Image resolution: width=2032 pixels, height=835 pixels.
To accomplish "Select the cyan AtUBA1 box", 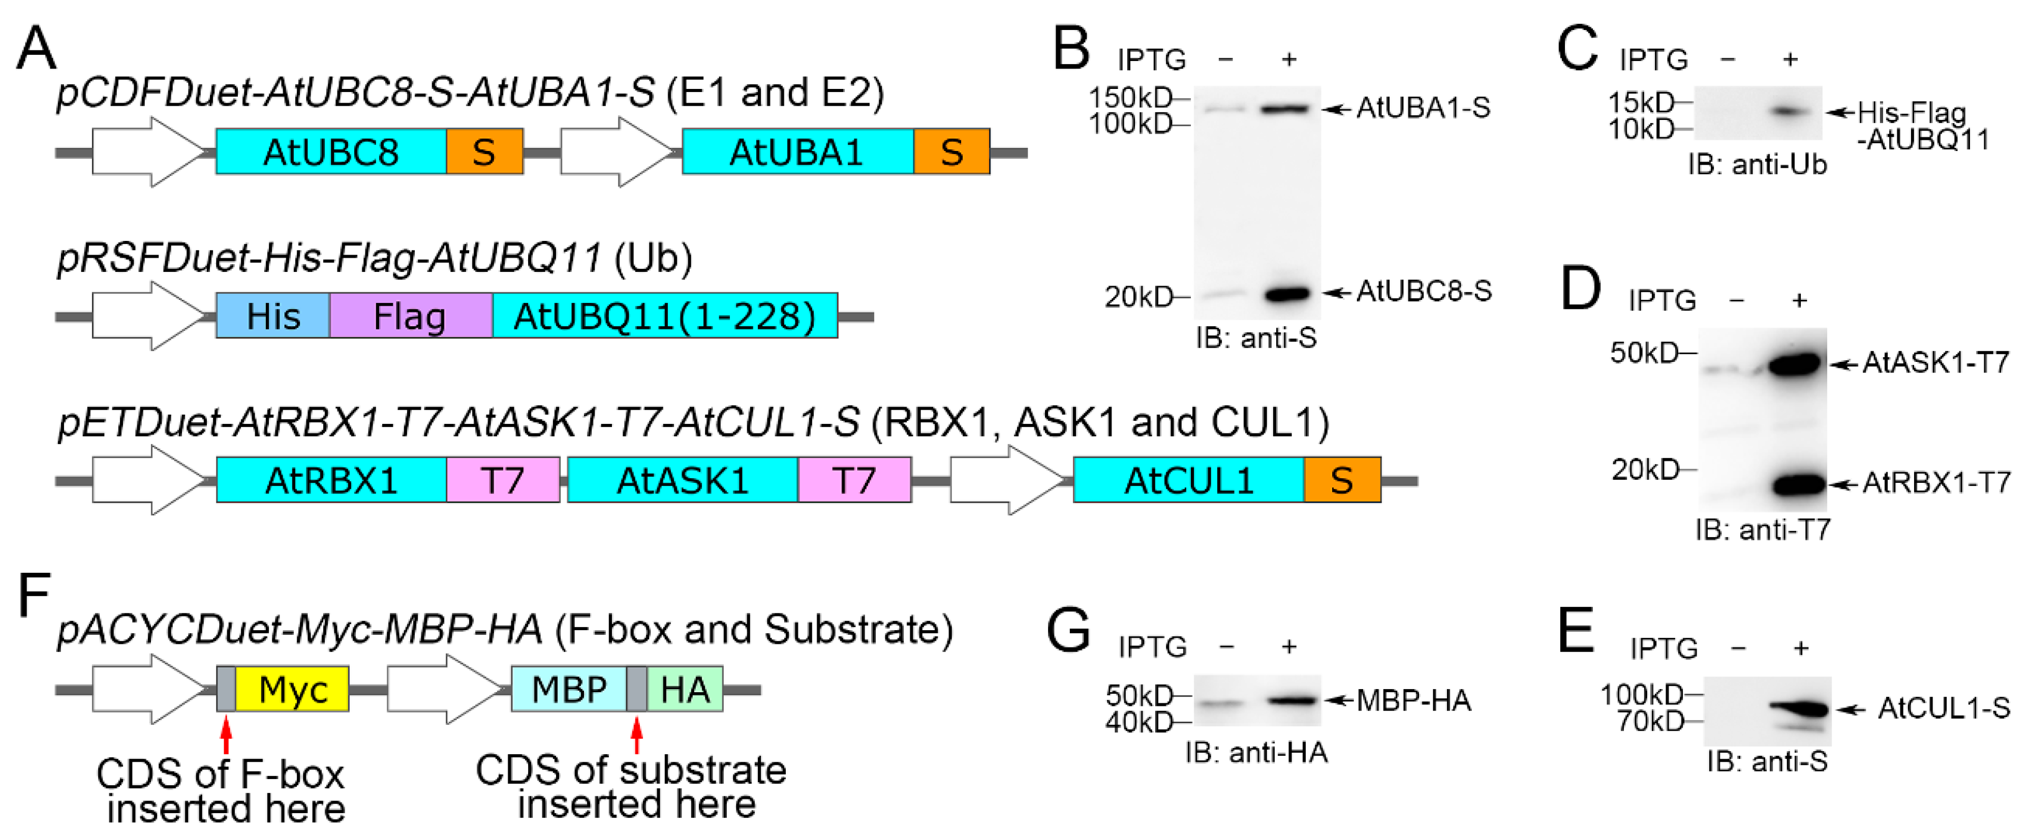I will [x=797, y=151].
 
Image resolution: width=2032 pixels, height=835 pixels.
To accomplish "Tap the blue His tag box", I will [x=273, y=316].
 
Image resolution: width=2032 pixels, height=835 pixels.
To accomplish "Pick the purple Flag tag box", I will [x=410, y=316].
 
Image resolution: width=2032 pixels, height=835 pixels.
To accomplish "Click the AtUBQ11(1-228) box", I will [x=665, y=316].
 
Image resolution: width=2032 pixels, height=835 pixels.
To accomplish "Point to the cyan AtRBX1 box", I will [x=331, y=480].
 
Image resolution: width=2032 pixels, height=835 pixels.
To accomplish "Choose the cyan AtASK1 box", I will [x=682, y=480].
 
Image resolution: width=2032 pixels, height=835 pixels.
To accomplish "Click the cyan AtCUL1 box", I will [x=1188, y=480].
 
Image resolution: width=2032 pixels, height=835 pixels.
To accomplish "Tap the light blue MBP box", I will [x=569, y=689].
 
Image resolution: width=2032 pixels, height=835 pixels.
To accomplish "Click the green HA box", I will [x=685, y=689].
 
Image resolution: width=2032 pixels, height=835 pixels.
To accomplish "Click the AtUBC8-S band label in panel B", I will [x=1424, y=292].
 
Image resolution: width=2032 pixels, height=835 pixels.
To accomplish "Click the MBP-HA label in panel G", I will [x=1413, y=700].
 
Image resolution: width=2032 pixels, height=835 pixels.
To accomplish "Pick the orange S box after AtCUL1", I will [x=1342, y=480].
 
